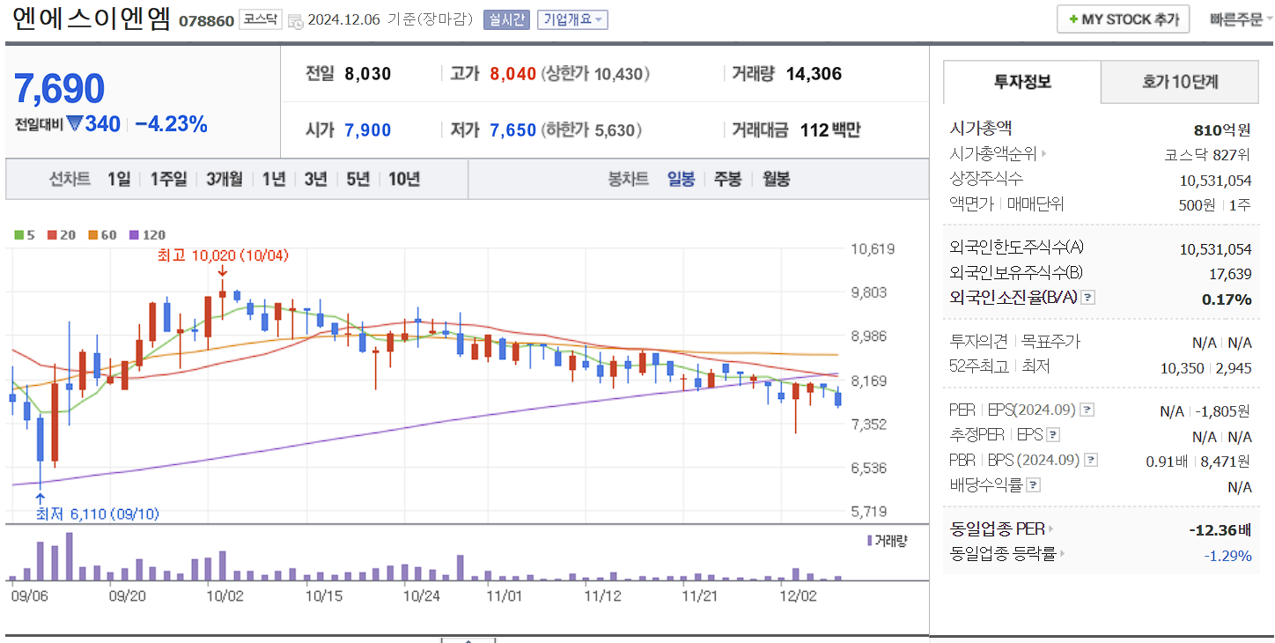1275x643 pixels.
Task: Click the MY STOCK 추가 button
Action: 1123,19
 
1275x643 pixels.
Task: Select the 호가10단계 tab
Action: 1180,82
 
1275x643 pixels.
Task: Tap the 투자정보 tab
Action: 1022,82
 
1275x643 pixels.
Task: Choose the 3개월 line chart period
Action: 225,179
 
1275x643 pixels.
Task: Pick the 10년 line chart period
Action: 404,179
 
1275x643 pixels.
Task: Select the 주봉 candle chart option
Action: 727,179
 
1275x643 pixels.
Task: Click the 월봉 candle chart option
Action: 776,179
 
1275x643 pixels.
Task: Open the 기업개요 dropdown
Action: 572,19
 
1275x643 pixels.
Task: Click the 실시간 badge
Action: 505,19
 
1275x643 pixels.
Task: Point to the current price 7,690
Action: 60,89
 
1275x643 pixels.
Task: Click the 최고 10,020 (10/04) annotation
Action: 223,255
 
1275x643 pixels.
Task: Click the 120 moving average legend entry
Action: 147,235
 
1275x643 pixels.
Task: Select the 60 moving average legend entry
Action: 103,235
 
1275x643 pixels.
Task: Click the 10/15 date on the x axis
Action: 323,595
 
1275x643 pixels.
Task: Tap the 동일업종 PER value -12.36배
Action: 1220,530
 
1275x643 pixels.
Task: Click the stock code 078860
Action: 206,20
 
